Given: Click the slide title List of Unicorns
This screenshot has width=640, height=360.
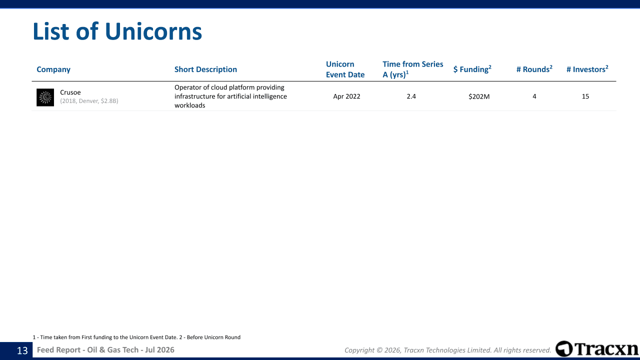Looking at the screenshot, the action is tap(117, 31).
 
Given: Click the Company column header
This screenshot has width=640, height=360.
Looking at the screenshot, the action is tap(53, 69).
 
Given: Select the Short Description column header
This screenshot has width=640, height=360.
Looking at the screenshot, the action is tap(205, 69).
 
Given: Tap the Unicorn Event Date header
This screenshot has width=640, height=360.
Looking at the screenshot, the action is tap(345, 69).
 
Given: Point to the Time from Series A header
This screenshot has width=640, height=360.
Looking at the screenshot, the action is tap(413, 69).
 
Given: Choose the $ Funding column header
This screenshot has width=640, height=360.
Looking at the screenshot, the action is tap(472, 69).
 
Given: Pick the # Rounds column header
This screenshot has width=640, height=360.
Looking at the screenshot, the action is tap(534, 69).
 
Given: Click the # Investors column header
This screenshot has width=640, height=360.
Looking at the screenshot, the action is tap(587, 69).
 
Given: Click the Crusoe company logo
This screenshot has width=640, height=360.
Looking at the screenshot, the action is tap(45, 97).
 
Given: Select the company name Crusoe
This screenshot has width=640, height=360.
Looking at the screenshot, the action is tap(70, 92).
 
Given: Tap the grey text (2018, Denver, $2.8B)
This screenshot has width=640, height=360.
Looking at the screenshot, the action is tap(89, 101).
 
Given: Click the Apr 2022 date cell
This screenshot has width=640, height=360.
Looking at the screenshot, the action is tap(346, 96).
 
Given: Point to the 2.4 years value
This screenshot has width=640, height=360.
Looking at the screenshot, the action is tap(411, 96).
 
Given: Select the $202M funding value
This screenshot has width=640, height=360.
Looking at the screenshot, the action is tap(479, 96).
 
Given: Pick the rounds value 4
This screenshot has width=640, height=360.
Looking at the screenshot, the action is tap(534, 96).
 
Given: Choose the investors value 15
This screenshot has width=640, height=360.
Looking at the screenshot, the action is tap(585, 96).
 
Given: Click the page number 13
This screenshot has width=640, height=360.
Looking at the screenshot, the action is tap(22, 350).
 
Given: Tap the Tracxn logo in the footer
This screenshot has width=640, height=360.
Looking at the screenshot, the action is tap(597, 349).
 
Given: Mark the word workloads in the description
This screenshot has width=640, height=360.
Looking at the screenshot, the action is tap(189, 105).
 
